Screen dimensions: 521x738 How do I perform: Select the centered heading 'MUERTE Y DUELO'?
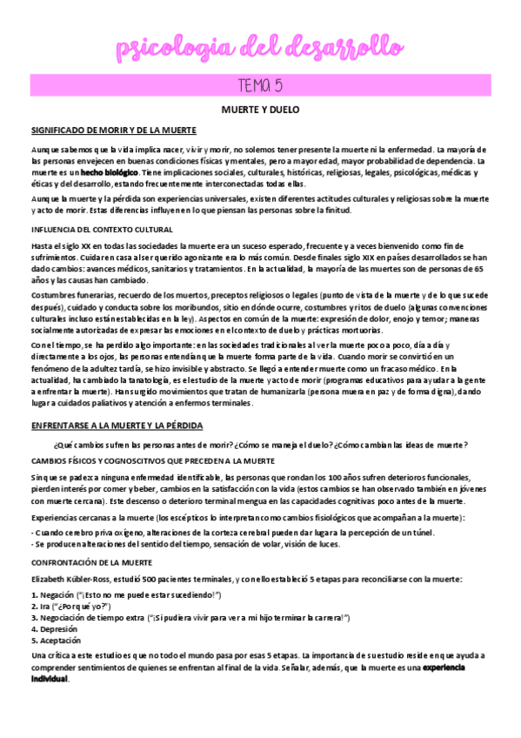click(259, 112)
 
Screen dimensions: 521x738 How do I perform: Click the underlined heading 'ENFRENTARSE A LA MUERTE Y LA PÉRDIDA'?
click(117, 425)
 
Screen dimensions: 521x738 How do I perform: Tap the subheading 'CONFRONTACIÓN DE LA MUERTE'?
click(90, 539)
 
